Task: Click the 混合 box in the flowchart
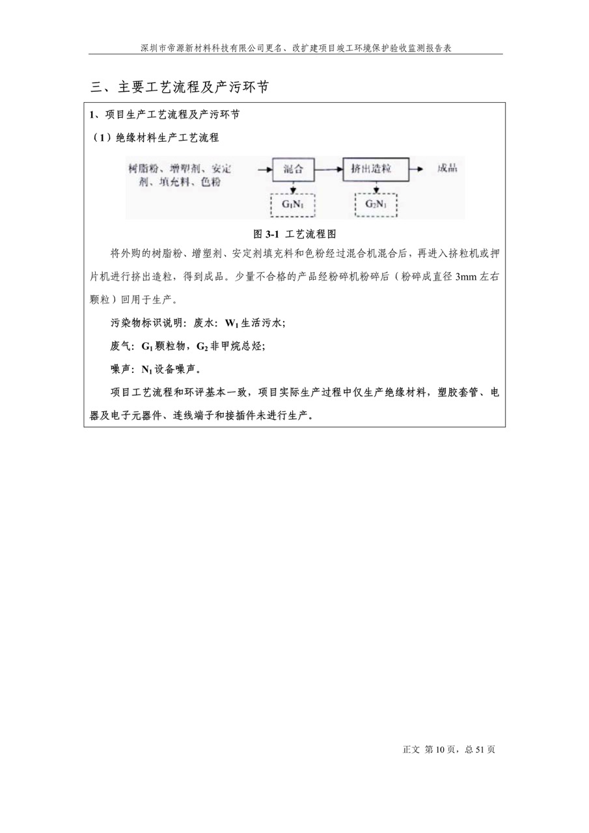(293, 169)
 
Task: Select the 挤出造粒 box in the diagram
(376, 169)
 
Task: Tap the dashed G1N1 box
(293, 204)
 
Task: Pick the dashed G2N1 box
(376, 204)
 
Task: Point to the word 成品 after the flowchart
(448, 169)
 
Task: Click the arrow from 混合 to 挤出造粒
(328, 169)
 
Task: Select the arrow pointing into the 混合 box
(264, 169)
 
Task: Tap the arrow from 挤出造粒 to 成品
(417, 169)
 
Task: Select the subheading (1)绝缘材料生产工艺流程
(155, 137)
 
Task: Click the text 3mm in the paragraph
(467, 277)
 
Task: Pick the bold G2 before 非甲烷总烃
(203, 346)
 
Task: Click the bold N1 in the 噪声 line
(147, 370)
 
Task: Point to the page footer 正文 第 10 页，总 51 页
(449, 750)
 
